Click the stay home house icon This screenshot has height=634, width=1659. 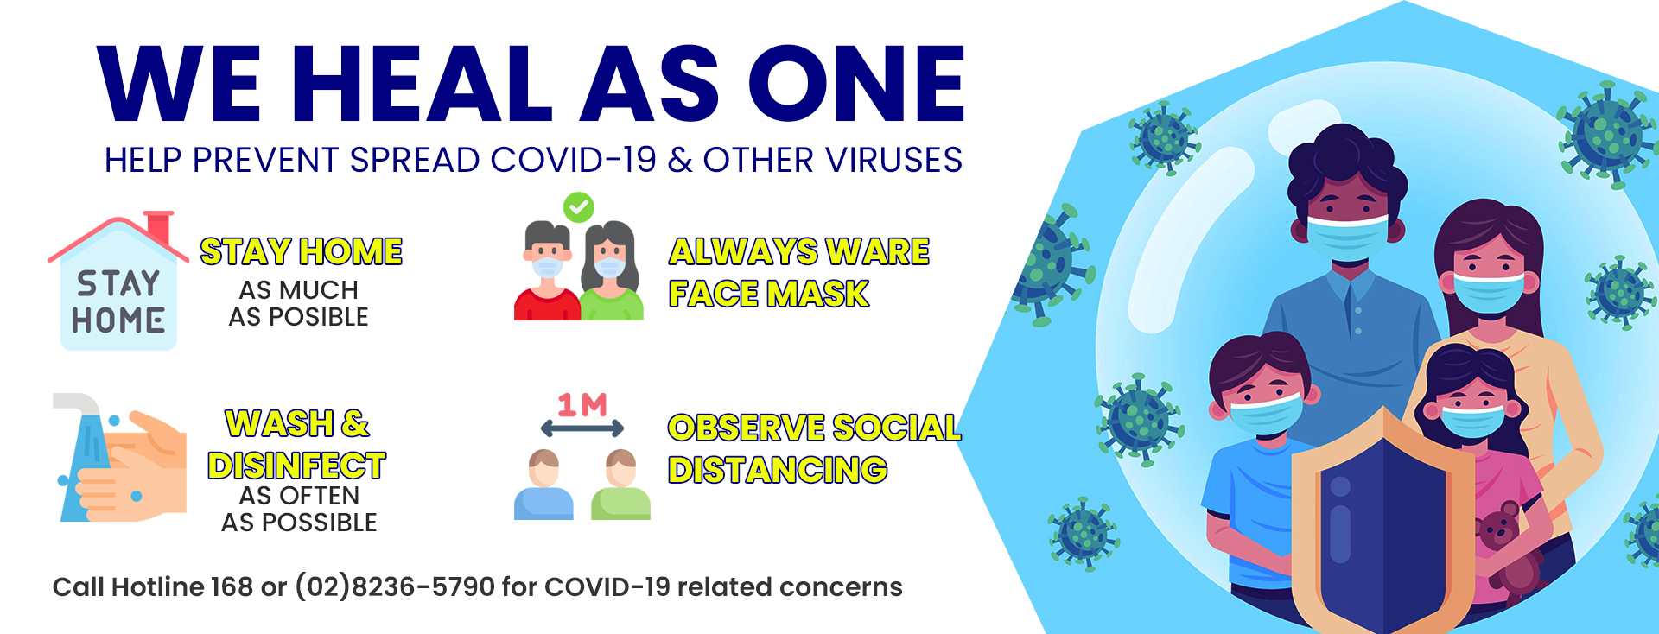click(118, 281)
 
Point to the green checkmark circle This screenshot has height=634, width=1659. click(578, 207)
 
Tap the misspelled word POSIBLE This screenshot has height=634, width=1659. click(319, 317)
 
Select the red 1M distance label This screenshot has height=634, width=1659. click(582, 404)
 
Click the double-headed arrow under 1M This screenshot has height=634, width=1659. click(582, 428)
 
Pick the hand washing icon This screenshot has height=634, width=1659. click(120, 458)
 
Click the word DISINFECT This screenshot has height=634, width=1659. click(296, 466)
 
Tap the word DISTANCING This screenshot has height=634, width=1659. click(778, 470)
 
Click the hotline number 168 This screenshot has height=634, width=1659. click(231, 587)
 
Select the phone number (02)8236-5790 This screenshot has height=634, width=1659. click(395, 587)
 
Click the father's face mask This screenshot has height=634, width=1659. click(1348, 236)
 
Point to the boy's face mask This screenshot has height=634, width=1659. click(1266, 413)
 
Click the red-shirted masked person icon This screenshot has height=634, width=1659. click(547, 271)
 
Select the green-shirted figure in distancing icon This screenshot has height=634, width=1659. click(620, 485)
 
